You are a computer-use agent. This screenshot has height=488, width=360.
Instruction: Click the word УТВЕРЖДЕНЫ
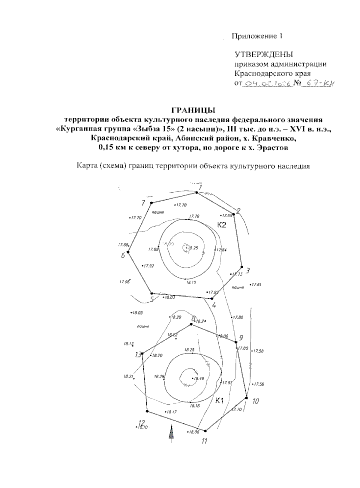tap(263, 54)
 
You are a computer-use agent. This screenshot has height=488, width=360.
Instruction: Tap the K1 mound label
tap(220, 400)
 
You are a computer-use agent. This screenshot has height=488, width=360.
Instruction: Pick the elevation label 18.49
tap(199, 378)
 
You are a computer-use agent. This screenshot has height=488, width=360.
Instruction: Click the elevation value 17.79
tap(194, 216)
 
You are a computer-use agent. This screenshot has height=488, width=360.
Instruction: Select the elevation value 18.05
tap(138, 313)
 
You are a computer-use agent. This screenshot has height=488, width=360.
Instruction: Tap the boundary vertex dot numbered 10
tap(247, 398)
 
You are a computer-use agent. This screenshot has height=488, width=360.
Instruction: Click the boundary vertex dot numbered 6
tap(128, 252)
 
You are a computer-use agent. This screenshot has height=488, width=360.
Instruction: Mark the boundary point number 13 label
tap(138, 355)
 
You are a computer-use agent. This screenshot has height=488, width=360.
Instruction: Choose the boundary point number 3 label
tap(247, 270)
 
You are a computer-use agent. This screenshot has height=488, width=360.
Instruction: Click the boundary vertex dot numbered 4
tap(212, 298)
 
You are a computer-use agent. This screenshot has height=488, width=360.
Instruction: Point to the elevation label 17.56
tap(259, 384)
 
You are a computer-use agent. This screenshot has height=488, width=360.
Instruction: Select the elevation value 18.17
tap(172, 412)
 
